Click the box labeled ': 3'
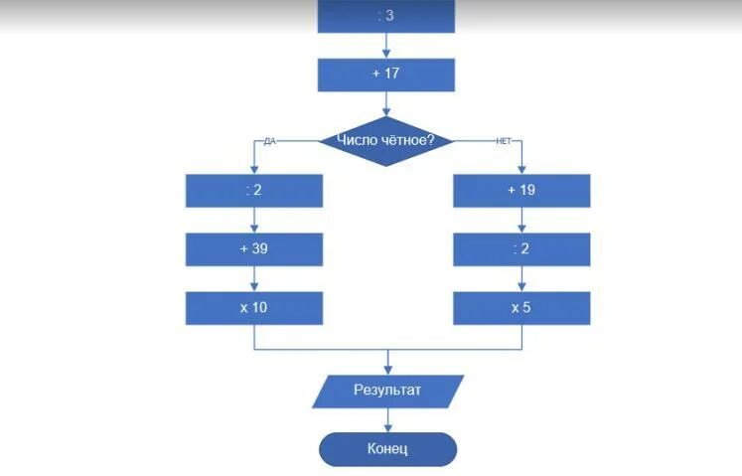(x=386, y=16)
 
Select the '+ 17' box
(x=386, y=74)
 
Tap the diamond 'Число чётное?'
(x=386, y=140)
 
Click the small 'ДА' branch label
(x=268, y=141)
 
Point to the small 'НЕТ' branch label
(x=503, y=141)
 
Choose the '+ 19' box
(x=521, y=190)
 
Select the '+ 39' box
(x=254, y=248)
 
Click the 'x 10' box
(x=254, y=307)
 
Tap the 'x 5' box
(x=521, y=307)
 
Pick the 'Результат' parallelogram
(x=387, y=390)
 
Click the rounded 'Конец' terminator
(x=387, y=448)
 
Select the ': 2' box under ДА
(x=254, y=190)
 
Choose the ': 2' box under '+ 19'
(x=521, y=248)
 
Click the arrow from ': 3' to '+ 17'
(x=386, y=45)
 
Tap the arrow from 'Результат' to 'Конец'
(x=387, y=419)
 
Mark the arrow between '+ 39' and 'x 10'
(x=254, y=278)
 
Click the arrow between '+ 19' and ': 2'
(x=521, y=220)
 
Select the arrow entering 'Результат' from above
(x=387, y=362)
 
